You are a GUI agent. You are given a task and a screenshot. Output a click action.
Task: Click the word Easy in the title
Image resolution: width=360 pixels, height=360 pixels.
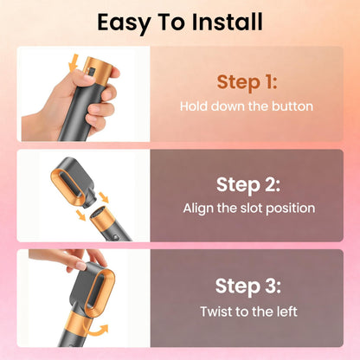click(x=124, y=23)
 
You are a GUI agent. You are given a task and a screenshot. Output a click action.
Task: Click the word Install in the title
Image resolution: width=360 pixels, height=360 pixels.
click(x=227, y=22)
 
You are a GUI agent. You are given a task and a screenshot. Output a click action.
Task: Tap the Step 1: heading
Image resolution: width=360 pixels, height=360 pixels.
click(x=247, y=82)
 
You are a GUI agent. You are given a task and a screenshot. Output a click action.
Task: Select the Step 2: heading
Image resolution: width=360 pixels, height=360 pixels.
click(x=248, y=185)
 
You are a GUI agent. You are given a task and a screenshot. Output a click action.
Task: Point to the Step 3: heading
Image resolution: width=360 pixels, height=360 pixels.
click(x=248, y=286)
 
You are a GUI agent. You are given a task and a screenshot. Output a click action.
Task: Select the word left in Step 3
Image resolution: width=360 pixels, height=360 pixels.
click(x=286, y=312)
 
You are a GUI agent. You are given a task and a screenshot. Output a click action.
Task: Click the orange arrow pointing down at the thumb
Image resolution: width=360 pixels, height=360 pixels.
click(x=74, y=62)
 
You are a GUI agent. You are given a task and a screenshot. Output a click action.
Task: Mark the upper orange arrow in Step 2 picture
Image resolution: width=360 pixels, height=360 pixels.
click(x=104, y=198)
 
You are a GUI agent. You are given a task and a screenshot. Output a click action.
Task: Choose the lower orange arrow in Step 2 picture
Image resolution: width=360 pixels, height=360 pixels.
click(x=80, y=215)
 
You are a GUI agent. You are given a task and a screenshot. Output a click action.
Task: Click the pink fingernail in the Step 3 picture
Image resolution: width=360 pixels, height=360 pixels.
click(x=81, y=266)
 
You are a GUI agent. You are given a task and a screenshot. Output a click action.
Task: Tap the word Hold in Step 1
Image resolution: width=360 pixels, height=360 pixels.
click(x=194, y=106)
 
